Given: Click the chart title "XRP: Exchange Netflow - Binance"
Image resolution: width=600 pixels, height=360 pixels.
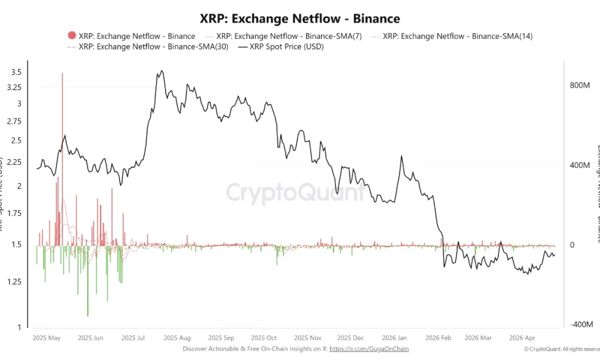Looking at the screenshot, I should (299, 19).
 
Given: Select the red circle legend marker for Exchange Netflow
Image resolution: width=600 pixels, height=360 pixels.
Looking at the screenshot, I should (73, 36).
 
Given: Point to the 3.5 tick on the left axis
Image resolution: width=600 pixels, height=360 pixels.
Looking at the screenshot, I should (16, 72).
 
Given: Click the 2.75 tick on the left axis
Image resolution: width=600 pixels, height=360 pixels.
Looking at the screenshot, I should (14, 121).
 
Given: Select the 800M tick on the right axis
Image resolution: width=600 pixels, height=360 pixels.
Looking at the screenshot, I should (580, 86).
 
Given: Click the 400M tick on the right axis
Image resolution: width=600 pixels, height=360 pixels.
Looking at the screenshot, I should (580, 166).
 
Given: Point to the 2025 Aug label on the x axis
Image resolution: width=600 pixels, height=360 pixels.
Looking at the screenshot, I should (177, 338).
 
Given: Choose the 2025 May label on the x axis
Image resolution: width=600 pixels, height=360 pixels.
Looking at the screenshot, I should (47, 338).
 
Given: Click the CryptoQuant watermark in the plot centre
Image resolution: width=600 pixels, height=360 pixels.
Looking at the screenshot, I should (295, 193).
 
